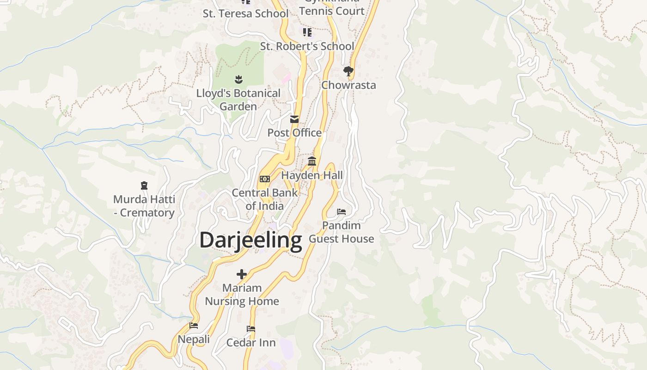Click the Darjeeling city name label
coord(250,240)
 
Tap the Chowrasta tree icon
coord(348,71)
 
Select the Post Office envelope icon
coord(294,119)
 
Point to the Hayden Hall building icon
coord(312,161)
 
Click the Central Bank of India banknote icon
coord(265,179)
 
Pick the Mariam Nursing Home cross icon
coord(242,274)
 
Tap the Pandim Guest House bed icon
coord(342,212)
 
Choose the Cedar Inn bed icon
coord(251,329)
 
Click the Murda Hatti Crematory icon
coord(144,186)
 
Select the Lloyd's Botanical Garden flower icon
coord(238,80)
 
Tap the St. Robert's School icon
coord(307,32)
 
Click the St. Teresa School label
coord(245,13)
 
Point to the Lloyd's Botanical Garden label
coord(238,99)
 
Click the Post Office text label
coord(294,133)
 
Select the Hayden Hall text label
coord(312,175)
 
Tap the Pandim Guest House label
coord(341,232)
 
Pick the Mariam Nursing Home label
coord(242,295)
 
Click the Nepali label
coord(194,339)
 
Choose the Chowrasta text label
coord(348,85)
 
